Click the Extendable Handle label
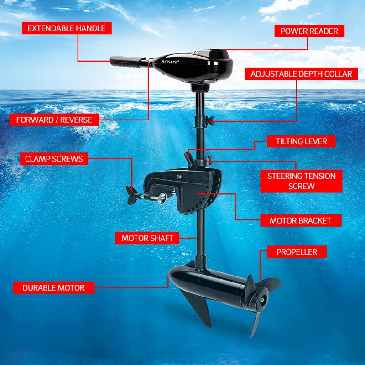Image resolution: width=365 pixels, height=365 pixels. pyautogui.click(x=67, y=28)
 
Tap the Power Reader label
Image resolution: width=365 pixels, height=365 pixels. pyautogui.click(x=309, y=31)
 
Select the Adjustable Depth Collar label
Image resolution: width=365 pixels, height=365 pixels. pyautogui.click(x=301, y=74)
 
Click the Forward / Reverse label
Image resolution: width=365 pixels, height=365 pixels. pyautogui.click(x=54, y=120)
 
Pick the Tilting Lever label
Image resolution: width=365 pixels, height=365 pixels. pyautogui.click(x=301, y=141)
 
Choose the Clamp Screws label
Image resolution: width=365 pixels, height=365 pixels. pyautogui.click(x=54, y=159)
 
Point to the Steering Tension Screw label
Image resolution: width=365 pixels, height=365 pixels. pyautogui.click(x=301, y=181)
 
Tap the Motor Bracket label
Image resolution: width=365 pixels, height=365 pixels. pyautogui.click(x=300, y=221)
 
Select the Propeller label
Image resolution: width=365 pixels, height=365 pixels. pyautogui.click(x=296, y=252)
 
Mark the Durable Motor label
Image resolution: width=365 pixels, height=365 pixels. pyautogui.click(x=54, y=288)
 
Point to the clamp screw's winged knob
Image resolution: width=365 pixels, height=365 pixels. pyautogui.click(x=132, y=195)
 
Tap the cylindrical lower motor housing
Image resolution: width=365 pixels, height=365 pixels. pyautogui.click(x=210, y=283)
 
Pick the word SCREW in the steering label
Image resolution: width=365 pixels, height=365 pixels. pyautogui.click(x=301, y=186)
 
